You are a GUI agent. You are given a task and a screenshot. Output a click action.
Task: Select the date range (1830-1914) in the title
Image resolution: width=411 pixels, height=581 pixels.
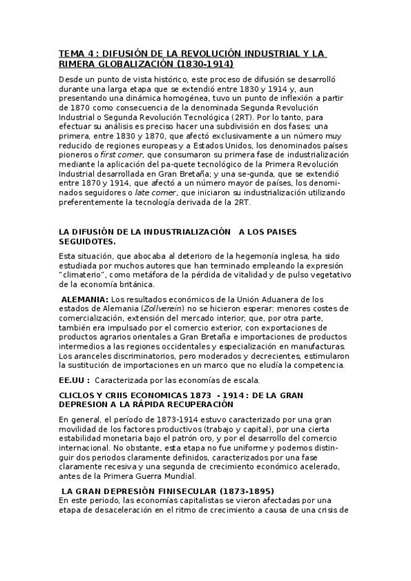point(205,64)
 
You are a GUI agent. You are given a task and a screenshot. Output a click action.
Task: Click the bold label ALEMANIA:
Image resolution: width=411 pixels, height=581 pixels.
point(84,299)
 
